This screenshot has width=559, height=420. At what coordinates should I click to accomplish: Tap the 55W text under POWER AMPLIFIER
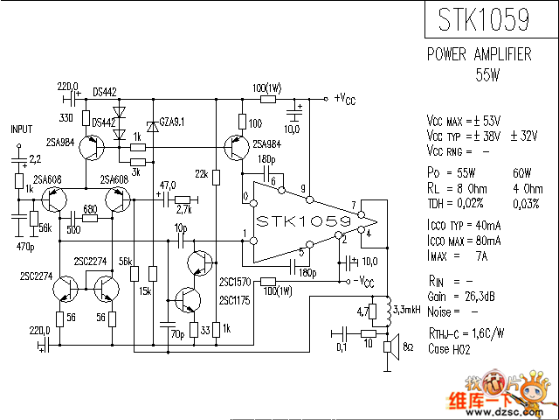[x=487, y=73]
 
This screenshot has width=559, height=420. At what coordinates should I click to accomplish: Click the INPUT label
[x=21, y=129]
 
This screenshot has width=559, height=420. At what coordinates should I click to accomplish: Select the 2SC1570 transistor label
[x=235, y=282]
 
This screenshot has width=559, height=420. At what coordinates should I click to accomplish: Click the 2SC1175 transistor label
[x=235, y=300]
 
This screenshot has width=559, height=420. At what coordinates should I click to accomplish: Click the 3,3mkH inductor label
[x=410, y=310]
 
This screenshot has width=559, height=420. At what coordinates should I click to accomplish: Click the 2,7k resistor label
[x=183, y=211]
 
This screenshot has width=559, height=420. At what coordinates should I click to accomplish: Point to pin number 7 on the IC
[x=354, y=206]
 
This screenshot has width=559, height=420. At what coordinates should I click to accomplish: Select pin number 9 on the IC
[x=302, y=189]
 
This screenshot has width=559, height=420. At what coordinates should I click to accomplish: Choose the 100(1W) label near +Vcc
[x=266, y=89]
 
